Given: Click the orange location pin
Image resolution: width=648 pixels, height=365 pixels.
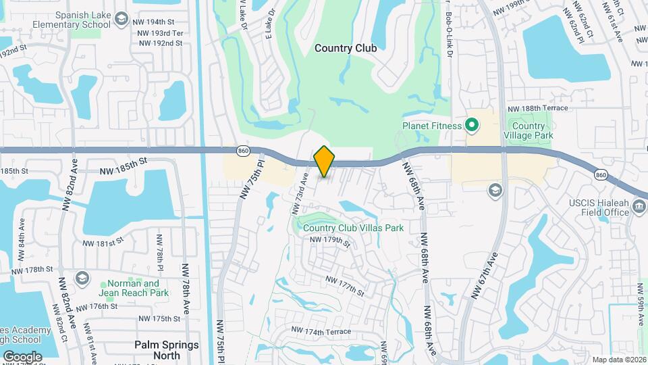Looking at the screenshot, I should pos(324,161).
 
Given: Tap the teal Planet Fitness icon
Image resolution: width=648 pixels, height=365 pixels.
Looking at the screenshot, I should pos(472,125).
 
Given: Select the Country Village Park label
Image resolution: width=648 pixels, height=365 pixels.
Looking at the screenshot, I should pos(529,130).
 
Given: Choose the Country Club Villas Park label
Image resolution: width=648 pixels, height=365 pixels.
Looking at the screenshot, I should pos(353,228).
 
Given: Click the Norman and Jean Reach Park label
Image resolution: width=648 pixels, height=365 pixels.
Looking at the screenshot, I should pos(134,289).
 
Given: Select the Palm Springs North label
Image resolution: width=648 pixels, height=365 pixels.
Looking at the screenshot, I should pos(166,349).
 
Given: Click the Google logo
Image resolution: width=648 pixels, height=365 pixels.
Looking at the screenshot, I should pos(22,356).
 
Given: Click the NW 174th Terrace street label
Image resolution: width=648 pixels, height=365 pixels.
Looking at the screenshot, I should pos(321,331).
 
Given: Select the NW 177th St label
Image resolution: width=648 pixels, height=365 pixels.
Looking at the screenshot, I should pos(345,286).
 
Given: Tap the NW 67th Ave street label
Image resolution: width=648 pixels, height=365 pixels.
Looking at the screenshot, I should pos(485,276).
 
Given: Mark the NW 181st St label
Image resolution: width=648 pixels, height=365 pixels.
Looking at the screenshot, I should pos(103,242).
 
